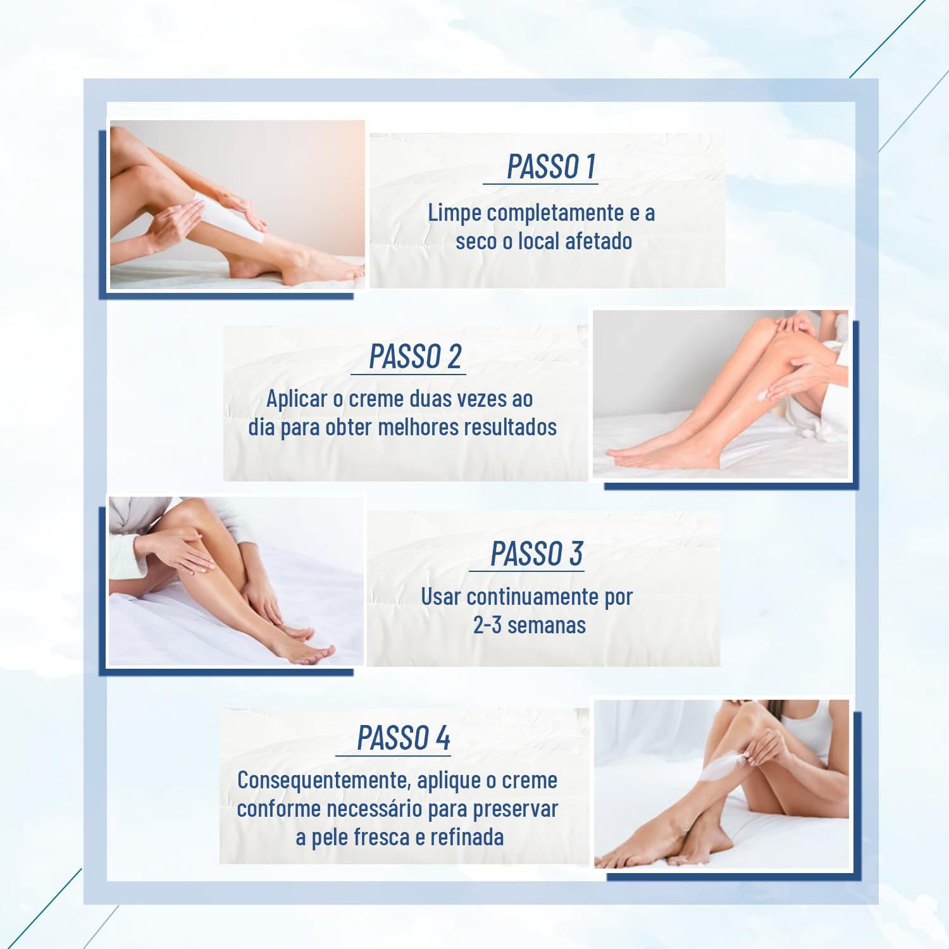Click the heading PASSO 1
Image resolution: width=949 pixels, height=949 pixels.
551,166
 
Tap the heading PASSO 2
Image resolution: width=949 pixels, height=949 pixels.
415,356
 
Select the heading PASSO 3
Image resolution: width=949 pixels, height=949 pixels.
537,554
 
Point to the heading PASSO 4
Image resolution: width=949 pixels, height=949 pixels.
404,738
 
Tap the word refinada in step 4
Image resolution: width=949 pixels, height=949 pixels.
467,837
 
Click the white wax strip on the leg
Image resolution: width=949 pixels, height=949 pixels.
228,218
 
